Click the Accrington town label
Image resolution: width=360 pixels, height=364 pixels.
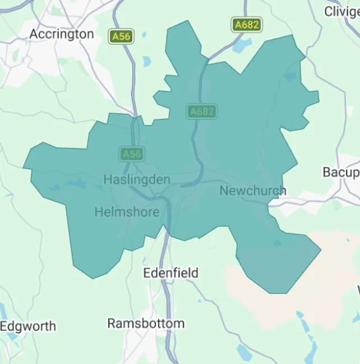click(62, 34)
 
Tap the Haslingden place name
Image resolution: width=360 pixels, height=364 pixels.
click(137, 180)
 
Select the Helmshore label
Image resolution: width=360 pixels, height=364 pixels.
click(127, 212)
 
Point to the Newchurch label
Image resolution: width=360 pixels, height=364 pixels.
click(252, 191)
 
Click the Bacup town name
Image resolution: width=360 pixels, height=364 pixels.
click(340, 172)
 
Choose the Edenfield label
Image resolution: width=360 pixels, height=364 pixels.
click(171, 273)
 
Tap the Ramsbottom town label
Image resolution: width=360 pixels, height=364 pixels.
click(146, 324)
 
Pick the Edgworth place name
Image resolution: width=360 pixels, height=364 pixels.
click(28, 326)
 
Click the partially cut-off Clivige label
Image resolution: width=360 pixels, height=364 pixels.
click(341, 11)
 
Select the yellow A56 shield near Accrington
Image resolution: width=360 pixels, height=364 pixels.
click(121, 36)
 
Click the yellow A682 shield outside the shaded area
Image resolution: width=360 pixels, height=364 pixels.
click(247, 25)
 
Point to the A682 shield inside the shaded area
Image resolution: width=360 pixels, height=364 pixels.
click(202, 111)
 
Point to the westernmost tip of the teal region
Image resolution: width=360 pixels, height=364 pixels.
click(24, 167)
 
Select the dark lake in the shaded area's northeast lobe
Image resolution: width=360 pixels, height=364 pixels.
click(290, 77)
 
